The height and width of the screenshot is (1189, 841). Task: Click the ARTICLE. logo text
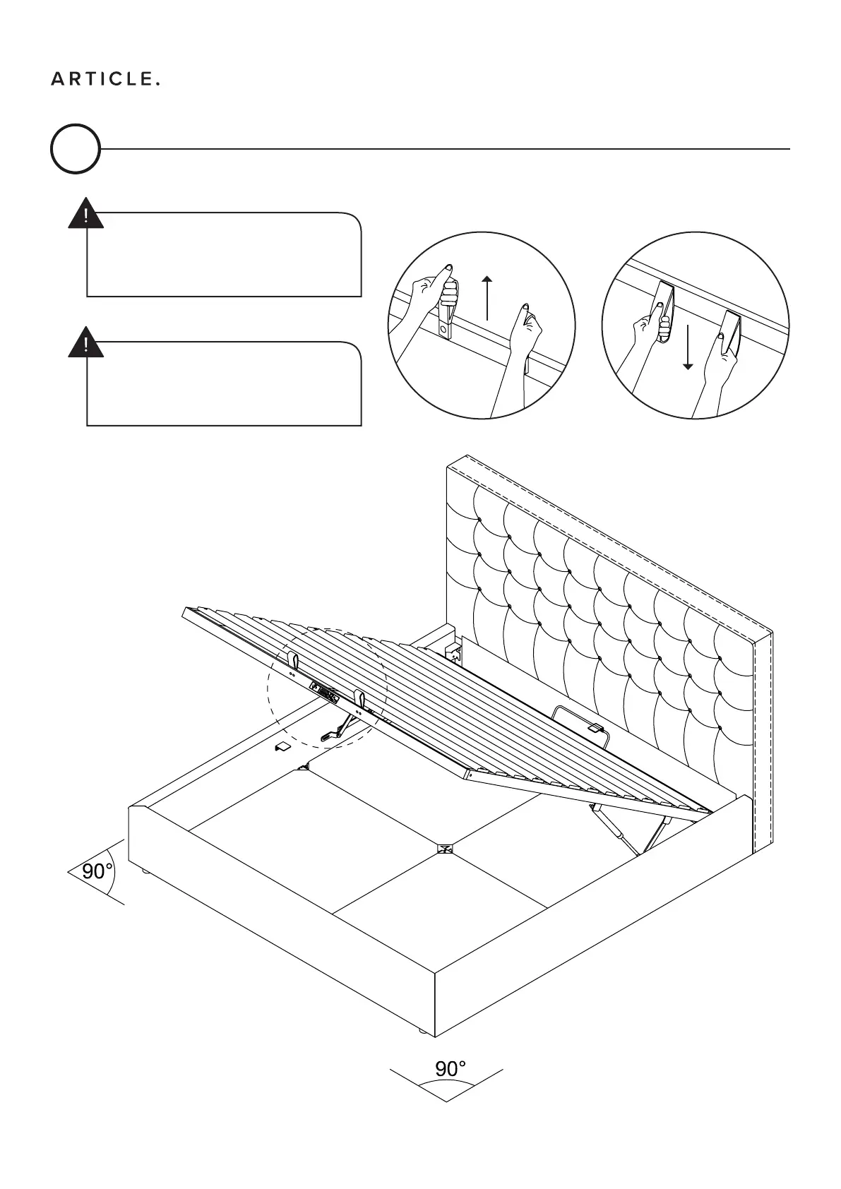point(105,79)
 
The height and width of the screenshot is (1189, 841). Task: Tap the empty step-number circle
point(76,149)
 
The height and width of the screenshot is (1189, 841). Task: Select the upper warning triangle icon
point(85,214)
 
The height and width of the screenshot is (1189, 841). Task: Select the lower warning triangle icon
point(85,343)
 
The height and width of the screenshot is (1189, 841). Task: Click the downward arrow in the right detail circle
point(688,346)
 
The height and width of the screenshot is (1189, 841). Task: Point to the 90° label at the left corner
point(97,871)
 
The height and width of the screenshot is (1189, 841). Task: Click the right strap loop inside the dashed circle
point(360,699)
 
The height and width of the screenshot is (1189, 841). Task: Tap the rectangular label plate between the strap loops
point(324,692)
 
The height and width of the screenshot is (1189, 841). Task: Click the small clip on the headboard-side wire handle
point(595,727)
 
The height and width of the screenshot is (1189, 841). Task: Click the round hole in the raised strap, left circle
point(443,328)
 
